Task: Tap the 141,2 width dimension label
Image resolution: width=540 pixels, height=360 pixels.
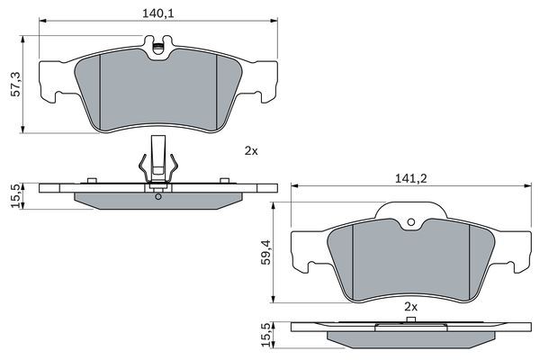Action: [x=410, y=179]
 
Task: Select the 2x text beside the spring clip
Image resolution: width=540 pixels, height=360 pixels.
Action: [x=250, y=151]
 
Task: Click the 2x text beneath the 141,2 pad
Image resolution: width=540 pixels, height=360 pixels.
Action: [x=411, y=307]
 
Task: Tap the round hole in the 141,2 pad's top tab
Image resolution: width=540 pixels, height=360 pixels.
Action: [x=410, y=223]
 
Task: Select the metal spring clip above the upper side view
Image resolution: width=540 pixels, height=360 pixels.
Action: [x=158, y=157]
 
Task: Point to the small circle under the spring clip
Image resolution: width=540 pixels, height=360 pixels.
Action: [x=158, y=196]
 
